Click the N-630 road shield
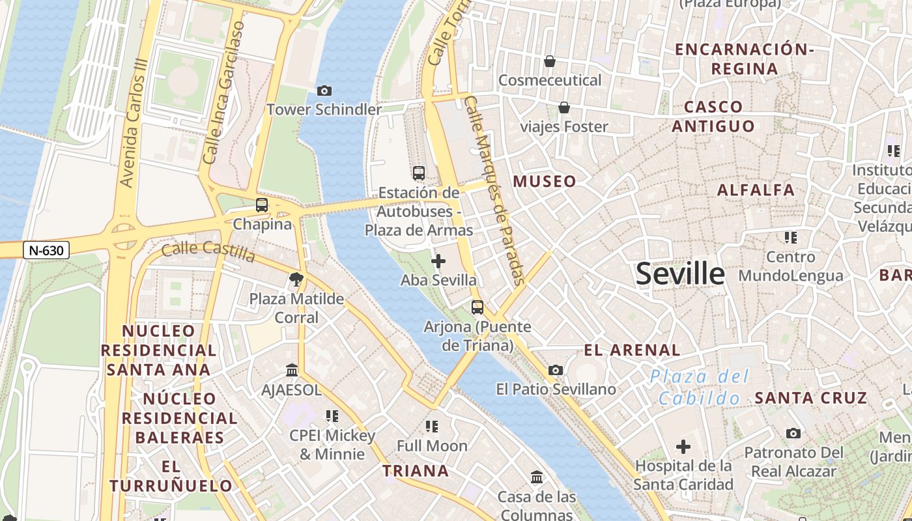(x=46, y=249)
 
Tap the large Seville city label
(x=680, y=274)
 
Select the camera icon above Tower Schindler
(x=324, y=91)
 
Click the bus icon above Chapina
(x=262, y=205)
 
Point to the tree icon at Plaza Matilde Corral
(x=296, y=279)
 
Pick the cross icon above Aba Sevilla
(x=438, y=261)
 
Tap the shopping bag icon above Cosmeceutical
(x=550, y=61)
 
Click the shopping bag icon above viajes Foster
(x=564, y=107)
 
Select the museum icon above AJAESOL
(x=292, y=371)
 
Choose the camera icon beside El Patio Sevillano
(x=556, y=371)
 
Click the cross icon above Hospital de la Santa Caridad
(x=683, y=447)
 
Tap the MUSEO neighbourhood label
(x=545, y=182)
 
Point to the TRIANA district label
(x=416, y=471)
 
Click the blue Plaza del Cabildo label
(x=699, y=387)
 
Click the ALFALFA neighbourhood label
(x=756, y=190)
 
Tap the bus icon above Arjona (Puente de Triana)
(x=477, y=307)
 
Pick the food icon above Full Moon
(x=432, y=427)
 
